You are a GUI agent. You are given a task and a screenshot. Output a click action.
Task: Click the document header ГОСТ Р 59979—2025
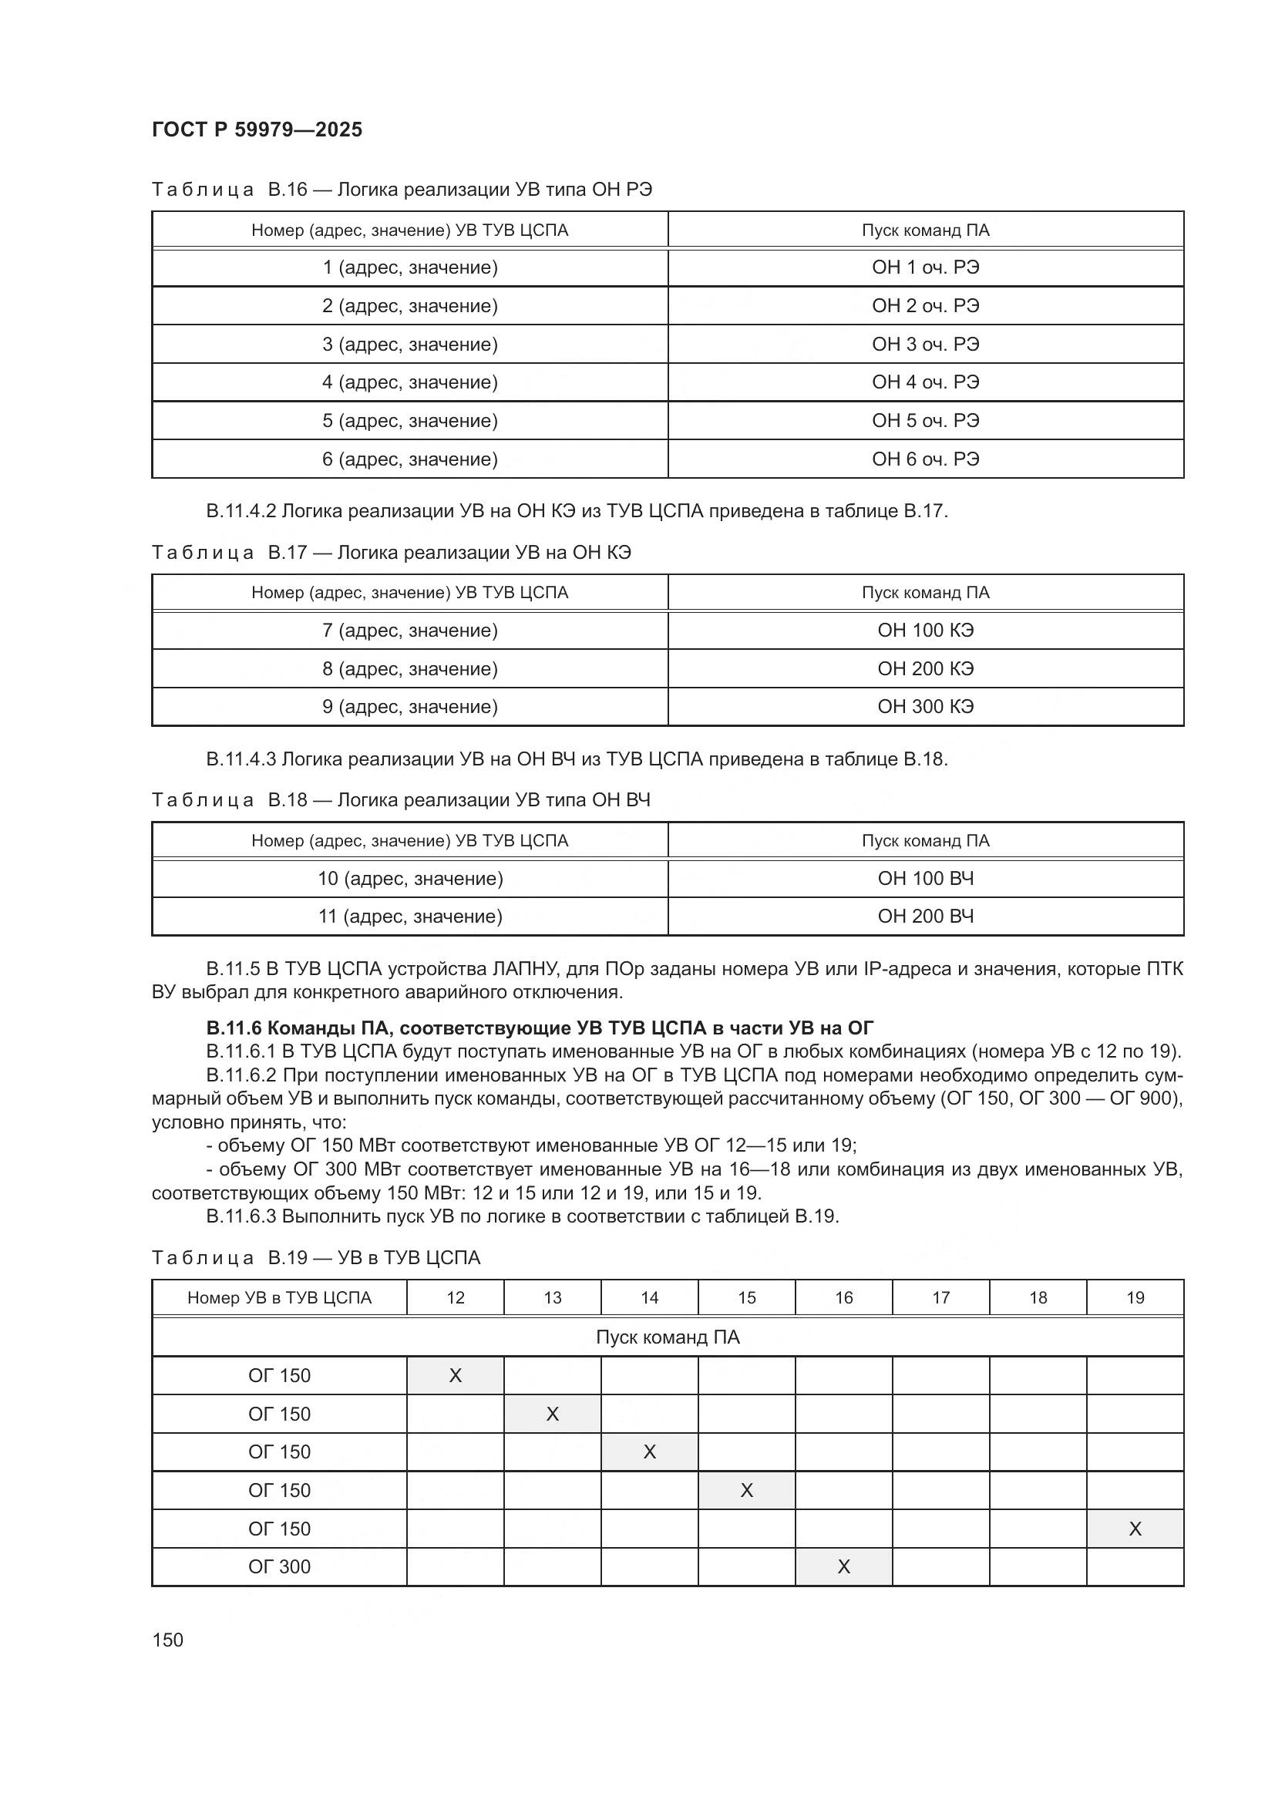pyautogui.click(x=257, y=130)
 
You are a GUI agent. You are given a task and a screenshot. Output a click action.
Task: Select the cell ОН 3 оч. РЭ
pyautogui.click(x=925, y=344)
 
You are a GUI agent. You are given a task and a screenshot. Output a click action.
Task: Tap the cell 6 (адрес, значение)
pyautogui.click(x=410, y=459)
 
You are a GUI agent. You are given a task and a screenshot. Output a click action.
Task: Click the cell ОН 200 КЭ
pyautogui.click(x=925, y=668)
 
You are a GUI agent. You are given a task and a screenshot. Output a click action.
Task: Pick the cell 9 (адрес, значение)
pyautogui.click(x=410, y=707)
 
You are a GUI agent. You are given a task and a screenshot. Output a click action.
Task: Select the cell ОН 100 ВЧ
pyautogui.click(x=925, y=878)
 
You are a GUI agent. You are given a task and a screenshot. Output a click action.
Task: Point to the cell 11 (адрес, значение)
pyautogui.click(x=410, y=917)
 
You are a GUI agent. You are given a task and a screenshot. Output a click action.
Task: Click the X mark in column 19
pyautogui.click(x=1135, y=1529)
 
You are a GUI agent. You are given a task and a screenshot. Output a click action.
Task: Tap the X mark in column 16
pyautogui.click(x=843, y=1567)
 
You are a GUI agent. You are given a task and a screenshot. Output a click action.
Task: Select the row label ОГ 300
pyautogui.click(x=280, y=1567)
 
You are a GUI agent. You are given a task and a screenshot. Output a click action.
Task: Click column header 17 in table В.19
pyautogui.click(x=940, y=1298)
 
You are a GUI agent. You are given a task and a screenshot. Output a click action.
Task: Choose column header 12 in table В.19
pyautogui.click(x=456, y=1298)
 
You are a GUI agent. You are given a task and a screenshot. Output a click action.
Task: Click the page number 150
pyautogui.click(x=167, y=1640)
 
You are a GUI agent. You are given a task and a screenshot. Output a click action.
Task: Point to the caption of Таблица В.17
pyautogui.click(x=391, y=553)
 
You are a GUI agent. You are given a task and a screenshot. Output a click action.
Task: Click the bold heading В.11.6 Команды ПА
pyautogui.click(x=540, y=1028)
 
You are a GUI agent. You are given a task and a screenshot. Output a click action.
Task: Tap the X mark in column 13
pyautogui.click(x=552, y=1414)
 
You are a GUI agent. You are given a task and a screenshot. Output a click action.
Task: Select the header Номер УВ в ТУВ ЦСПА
pyautogui.click(x=280, y=1298)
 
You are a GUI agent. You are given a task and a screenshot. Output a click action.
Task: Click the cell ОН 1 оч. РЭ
pyautogui.click(x=925, y=267)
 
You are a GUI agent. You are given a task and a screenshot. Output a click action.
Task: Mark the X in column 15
pyautogui.click(x=747, y=1491)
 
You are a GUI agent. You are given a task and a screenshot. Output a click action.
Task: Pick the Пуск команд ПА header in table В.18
pyautogui.click(x=925, y=840)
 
